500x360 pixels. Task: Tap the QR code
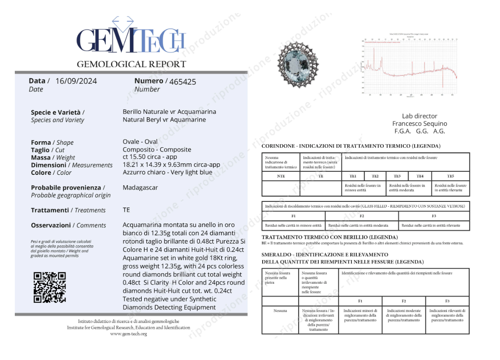(50, 287)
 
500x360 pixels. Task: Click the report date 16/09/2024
(76, 81)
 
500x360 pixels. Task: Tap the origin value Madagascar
(140, 188)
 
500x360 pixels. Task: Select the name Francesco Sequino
(419, 124)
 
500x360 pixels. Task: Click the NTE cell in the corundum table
(281, 177)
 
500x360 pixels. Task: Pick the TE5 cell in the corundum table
(450, 177)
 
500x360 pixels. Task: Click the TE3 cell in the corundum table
(397, 177)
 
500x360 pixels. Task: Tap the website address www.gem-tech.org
(128, 334)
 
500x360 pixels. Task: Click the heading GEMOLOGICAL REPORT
(131, 64)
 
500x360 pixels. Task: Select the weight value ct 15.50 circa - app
(150, 157)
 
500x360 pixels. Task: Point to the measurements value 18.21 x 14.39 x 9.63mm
(171, 165)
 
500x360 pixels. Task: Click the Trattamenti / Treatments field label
(68, 210)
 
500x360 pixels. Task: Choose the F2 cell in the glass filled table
(361, 216)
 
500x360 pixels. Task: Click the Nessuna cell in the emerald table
(280, 311)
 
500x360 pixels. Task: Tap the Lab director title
(419, 116)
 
